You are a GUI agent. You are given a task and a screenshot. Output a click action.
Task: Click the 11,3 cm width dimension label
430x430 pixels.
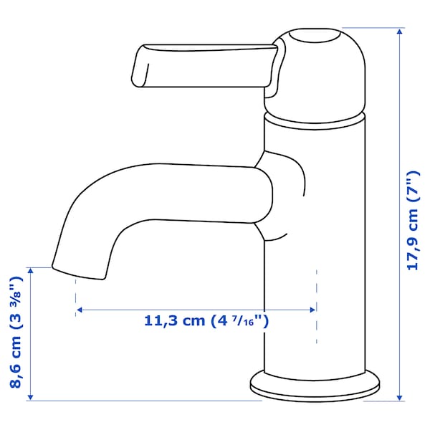click(206, 320)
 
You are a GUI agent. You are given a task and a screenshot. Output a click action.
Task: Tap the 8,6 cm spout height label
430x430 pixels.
click(16, 334)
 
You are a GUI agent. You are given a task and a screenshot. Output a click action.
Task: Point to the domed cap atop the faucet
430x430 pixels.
click(315, 68)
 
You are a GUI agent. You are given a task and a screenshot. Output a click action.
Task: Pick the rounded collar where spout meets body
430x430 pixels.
click(283, 193)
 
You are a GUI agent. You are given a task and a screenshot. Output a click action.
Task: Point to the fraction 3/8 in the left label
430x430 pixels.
click(16, 295)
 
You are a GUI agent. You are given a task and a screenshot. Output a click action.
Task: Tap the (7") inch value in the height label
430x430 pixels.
click(412, 185)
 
